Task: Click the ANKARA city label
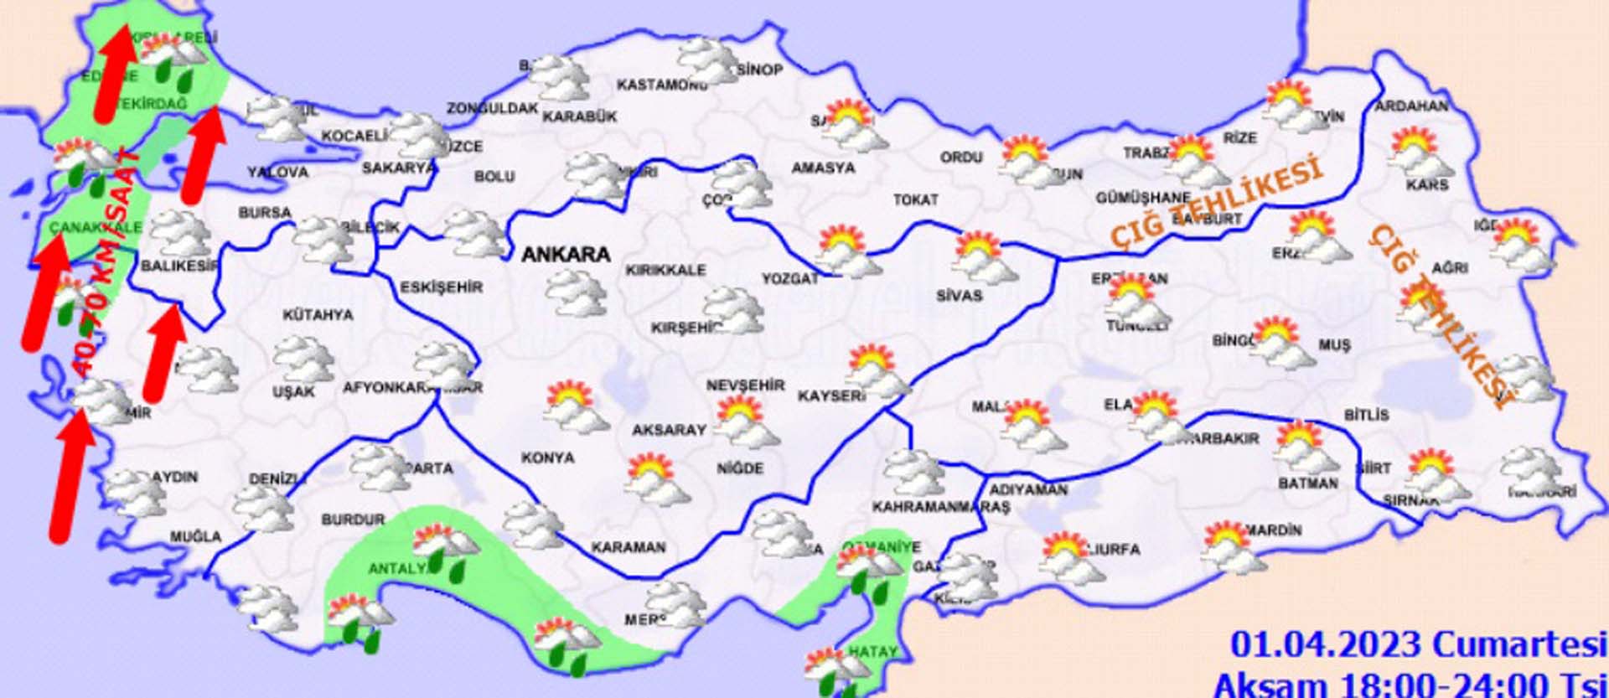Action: click(x=566, y=254)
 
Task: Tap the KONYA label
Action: click(x=547, y=458)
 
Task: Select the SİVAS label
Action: click(x=959, y=296)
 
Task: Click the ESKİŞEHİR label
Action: click(x=441, y=287)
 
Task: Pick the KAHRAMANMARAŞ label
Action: click(x=940, y=507)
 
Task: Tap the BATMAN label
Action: click(x=1307, y=483)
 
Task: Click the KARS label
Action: click(x=1427, y=184)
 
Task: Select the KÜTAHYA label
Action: click(x=318, y=315)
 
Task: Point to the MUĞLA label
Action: click(x=196, y=536)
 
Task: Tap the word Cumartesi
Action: click(x=1518, y=644)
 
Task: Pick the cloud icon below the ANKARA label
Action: click(x=576, y=293)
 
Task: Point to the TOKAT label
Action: click(x=915, y=200)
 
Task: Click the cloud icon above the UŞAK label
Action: click(x=303, y=359)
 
